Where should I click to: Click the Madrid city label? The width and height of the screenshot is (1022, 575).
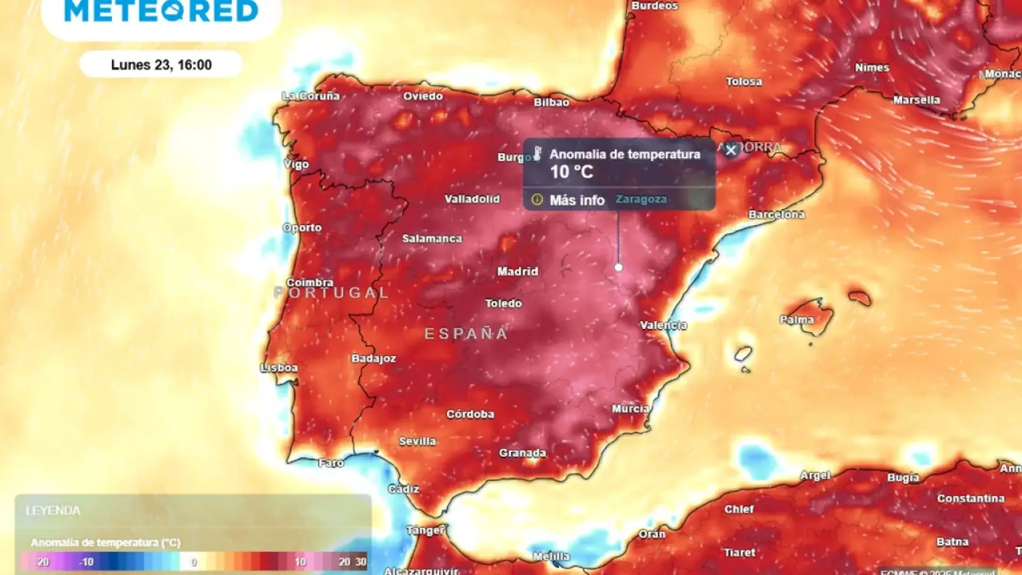pos(517,272)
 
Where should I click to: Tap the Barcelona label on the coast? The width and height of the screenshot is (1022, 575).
pos(776,215)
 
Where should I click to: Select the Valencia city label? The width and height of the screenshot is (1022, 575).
pos(663,325)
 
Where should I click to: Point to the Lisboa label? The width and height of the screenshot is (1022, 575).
pos(279,368)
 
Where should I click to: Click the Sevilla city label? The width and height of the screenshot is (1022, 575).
pos(417,441)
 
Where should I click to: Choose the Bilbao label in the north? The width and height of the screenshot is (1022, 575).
pos(551,102)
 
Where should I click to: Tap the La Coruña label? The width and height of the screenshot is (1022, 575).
pos(311,96)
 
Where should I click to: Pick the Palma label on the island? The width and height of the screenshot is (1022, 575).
pos(796,320)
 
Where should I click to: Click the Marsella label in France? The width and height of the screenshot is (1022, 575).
pos(916,100)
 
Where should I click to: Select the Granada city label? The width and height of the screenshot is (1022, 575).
pos(522,453)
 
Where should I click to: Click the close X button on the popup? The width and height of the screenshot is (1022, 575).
pos(731,150)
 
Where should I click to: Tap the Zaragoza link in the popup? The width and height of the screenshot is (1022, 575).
pos(641,199)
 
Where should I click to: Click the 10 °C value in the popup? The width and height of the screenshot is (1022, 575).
pos(571,172)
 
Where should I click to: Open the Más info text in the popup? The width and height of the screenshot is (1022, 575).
pos(577,200)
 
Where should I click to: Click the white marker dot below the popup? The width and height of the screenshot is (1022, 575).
pos(619,267)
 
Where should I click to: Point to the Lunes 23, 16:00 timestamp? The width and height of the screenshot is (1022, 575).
pos(161,65)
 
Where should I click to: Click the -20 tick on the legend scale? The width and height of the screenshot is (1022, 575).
pos(43,562)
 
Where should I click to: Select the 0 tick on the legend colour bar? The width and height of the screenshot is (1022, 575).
pos(194,562)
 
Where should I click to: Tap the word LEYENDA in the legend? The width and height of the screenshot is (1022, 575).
pos(53,511)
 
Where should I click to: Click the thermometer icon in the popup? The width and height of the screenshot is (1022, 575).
pos(538,154)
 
